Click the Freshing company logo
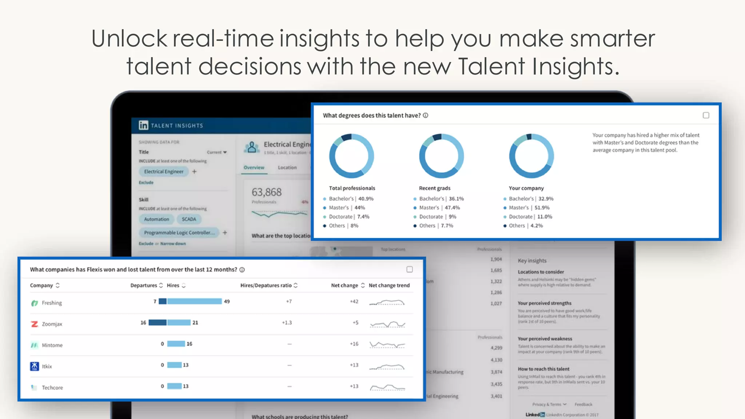point(35,303)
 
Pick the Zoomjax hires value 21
point(195,323)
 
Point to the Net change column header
point(344,286)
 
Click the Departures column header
point(144,286)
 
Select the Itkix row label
point(47,366)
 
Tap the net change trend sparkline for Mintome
point(387,344)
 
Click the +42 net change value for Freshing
point(354,302)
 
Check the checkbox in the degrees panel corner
point(706,115)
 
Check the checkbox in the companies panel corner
point(410,270)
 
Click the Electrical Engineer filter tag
point(164,171)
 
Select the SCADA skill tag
point(189,219)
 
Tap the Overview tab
point(254,168)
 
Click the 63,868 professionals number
point(267,192)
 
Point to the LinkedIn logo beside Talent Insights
point(143,125)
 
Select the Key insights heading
point(532,260)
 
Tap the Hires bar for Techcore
point(174,386)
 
